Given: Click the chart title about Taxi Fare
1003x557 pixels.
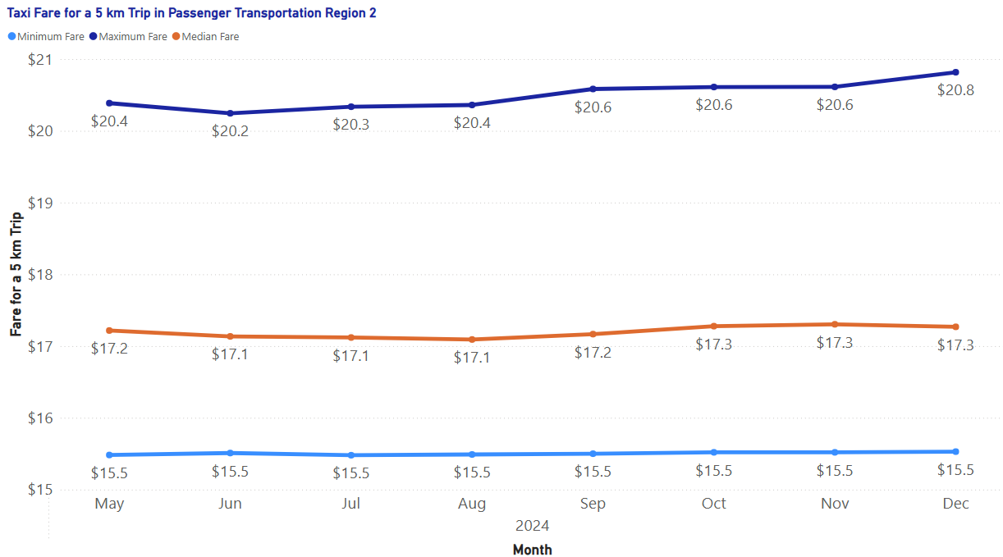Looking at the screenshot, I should pos(192,14).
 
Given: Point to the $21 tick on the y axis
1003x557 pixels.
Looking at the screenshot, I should pos(39,60).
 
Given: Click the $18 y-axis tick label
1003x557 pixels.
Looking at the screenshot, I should pos(39,275).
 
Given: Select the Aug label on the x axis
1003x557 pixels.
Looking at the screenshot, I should pos(472,504).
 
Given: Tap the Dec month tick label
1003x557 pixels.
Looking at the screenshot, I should pos(955,504).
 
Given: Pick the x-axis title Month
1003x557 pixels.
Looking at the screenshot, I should pos(532,550).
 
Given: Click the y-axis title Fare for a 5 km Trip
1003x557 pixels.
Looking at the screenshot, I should pos(16,275).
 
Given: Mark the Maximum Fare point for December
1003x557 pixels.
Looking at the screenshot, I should pos(955,72).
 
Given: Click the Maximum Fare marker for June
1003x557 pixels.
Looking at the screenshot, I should pos(230,113).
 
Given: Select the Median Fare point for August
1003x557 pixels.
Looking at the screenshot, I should pos(472,340).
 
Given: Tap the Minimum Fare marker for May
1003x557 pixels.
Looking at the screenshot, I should pos(109,455).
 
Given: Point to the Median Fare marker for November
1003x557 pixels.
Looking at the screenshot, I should pos(835,324).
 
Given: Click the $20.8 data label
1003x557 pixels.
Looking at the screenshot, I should pos(955,90).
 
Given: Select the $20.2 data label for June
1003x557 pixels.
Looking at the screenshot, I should pos(230,131).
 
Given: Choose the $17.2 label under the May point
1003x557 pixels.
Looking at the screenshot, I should pos(109,349).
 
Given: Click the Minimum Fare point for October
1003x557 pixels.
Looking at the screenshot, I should pos(714,452).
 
